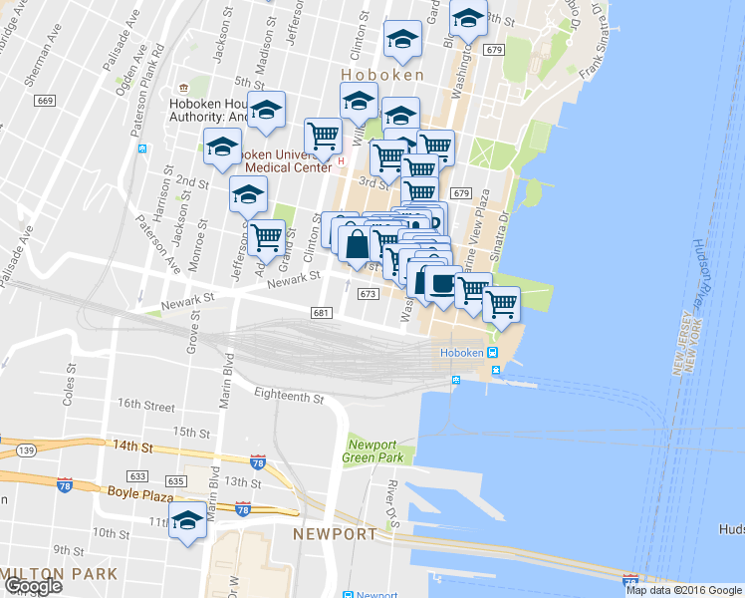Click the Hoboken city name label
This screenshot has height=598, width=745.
(x=381, y=75)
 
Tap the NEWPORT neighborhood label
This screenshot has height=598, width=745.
(x=336, y=534)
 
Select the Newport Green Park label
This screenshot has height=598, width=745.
(x=375, y=450)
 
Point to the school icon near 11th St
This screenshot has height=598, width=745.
(x=187, y=521)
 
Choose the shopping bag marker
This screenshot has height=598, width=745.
(x=356, y=243)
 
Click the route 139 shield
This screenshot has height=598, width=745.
(x=25, y=450)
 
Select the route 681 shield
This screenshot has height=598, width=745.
(x=320, y=313)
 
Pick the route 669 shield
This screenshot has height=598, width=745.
(x=44, y=101)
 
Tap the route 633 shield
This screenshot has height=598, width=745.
(x=138, y=476)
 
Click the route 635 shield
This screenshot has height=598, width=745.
(x=175, y=481)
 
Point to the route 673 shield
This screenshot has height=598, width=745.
(x=368, y=294)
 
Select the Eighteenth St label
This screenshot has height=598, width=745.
(x=289, y=398)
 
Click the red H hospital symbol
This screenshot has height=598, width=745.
(x=341, y=160)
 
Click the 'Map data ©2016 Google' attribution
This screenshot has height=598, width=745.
(x=682, y=590)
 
